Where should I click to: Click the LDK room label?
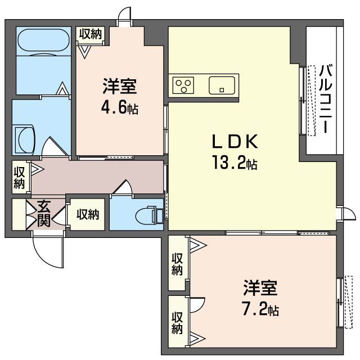[235, 141]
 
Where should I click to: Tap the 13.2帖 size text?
[235, 164]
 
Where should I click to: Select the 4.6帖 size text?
[119, 108]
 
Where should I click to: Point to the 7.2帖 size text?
[260, 309]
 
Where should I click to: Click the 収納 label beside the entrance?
[88, 214]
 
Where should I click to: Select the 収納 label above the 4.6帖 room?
[90, 34]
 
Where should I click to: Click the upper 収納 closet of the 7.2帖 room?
[178, 264]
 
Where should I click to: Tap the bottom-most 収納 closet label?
[178, 322]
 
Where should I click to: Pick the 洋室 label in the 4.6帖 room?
[119, 87]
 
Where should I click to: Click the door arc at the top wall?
[125, 15]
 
